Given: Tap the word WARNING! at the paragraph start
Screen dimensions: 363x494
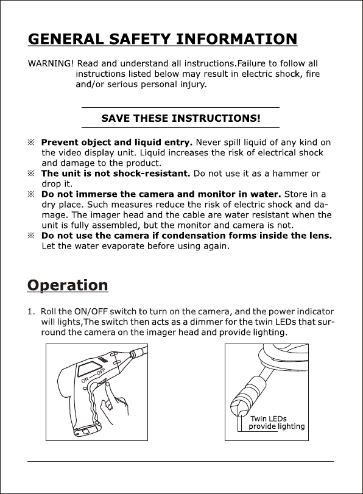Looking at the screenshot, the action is pos(51,63).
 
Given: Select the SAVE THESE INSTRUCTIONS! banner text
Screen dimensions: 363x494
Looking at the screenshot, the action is pos(181,118).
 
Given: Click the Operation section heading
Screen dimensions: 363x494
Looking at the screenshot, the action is pos(68,285).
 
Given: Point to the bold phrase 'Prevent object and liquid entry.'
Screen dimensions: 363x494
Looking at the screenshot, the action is pos(117,143).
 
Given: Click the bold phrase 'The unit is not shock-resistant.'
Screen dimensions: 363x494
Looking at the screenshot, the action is pos(116,174).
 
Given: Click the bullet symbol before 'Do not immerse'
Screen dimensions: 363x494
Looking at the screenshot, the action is pos(30,194).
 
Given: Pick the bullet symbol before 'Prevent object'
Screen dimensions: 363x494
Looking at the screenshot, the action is pos(30,143).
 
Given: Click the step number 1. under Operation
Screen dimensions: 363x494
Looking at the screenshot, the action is pos(31,312).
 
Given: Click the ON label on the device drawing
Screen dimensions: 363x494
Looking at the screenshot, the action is pos(85,380).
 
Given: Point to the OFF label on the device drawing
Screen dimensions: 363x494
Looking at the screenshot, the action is pos(101,372).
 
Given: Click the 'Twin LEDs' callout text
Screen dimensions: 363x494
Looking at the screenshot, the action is pos(269,418).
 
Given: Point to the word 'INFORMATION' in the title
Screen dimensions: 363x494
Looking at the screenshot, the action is pos(237,39).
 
